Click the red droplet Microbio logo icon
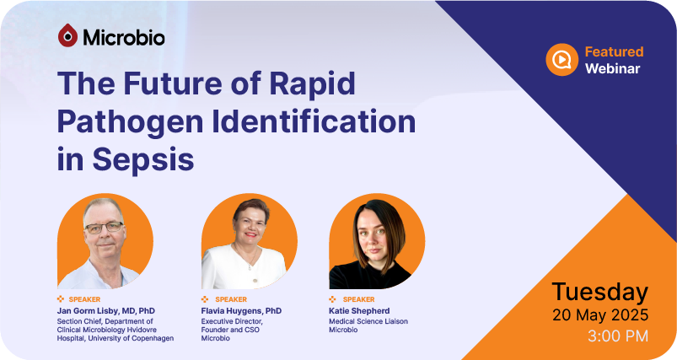67,35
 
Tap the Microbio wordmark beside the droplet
124,38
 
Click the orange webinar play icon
561,60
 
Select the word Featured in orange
614,51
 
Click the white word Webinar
612,68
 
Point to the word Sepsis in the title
143,159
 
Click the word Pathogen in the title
130,121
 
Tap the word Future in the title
173,83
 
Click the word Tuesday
600,293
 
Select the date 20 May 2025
600,314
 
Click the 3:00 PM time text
618,336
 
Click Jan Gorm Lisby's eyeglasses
104,227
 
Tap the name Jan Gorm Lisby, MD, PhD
105,311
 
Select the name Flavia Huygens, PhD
241,311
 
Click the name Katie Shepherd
359,311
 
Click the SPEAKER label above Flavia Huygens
231,299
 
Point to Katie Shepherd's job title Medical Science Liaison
368,321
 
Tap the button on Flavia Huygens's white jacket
249,268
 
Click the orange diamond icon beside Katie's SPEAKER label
332,299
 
